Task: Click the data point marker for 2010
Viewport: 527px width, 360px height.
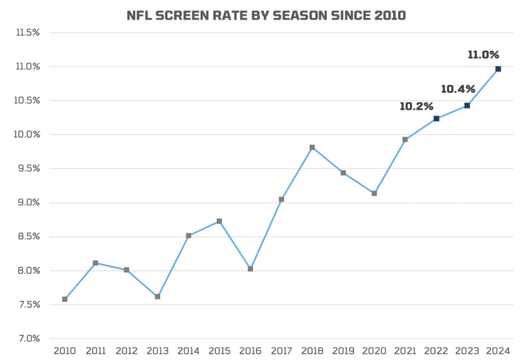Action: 65,299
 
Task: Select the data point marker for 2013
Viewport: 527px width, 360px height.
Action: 157,296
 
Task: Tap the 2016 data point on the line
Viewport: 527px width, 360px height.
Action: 250,268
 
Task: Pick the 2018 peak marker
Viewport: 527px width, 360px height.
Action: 312,147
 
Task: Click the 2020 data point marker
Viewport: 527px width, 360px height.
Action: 374,193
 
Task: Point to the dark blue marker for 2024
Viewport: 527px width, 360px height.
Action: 498,69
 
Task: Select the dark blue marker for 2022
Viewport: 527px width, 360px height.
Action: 436,119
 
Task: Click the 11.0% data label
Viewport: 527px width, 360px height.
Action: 483,55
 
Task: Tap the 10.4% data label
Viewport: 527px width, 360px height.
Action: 458,89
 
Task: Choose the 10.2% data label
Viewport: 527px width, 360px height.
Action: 416,106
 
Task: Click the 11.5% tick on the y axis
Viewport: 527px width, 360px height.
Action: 28,32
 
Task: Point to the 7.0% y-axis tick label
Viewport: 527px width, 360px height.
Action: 28,338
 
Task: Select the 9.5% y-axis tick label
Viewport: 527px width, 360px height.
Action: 28,168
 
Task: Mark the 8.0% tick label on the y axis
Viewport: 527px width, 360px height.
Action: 28,271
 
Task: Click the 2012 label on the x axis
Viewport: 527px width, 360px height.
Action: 127,351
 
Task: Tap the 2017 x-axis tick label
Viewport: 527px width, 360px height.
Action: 282,351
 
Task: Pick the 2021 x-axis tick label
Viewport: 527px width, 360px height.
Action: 405,351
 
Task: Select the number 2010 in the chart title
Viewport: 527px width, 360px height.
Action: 387,16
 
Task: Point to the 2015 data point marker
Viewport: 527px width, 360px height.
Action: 219,221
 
